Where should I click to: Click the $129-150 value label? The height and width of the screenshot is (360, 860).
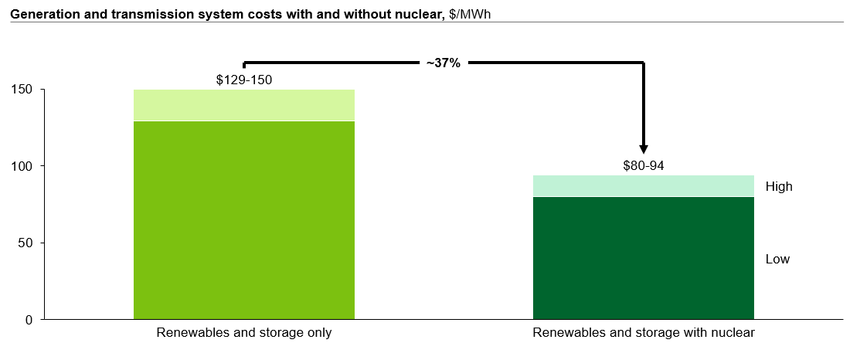click(244, 80)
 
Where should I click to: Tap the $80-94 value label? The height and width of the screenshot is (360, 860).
click(644, 165)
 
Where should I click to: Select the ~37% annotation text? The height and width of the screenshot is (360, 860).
click(443, 63)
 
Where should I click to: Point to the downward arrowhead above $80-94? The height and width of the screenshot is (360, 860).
click(644, 149)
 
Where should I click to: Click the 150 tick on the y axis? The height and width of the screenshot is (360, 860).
click(22, 90)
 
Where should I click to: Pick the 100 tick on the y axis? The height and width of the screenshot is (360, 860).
click(22, 166)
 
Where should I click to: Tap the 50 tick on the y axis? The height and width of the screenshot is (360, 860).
click(25, 243)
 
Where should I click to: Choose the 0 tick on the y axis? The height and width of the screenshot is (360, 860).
click(29, 319)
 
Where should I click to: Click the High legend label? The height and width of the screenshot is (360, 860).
click(779, 186)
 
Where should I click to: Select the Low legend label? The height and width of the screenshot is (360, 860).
click(777, 259)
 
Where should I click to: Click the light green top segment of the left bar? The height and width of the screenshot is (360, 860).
click(244, 105)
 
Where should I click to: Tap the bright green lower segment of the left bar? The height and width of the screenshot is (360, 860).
click(244, 220)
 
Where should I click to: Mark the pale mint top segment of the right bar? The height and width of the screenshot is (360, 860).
click(644, 186)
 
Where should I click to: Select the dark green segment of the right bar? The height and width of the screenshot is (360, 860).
click(644, 258)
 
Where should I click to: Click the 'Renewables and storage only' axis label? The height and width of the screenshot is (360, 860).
click(244, 333)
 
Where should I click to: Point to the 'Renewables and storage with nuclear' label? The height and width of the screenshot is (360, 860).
click(644, 333)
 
